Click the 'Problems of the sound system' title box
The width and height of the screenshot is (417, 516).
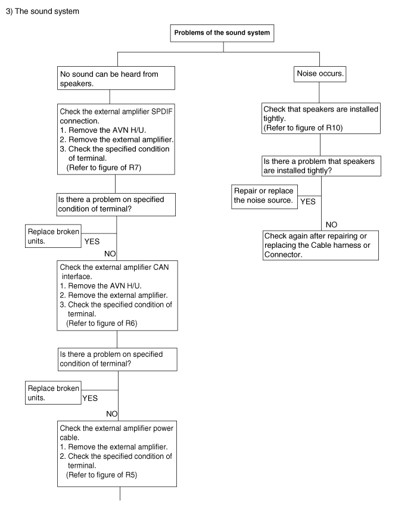(x=222, y=33)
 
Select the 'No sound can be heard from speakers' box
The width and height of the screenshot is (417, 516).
(x=116, y=78)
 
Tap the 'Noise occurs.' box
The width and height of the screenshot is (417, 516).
(x=319, y=74)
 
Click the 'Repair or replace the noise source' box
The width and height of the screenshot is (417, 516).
(x=264, y=197)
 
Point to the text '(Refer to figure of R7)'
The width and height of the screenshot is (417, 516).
(x=104, y=168)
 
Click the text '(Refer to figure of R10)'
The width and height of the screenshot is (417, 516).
(x=303, y=128)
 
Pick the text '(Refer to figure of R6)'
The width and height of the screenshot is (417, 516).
(x=102, y=324)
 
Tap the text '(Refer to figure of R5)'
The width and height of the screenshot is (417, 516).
(x=101, y=475)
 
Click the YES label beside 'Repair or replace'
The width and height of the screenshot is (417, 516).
(x=308, y=202)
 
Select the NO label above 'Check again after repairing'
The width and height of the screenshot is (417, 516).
(x=331, y=225)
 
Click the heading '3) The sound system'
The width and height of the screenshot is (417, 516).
(x=42, y=11)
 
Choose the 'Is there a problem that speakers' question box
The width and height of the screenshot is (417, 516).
(x=321, y=166)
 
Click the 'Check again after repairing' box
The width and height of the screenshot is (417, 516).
(x=320, y=245)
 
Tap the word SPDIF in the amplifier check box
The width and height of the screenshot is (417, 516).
(x=161, y=111)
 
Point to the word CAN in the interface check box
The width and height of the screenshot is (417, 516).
(x=161, y=267)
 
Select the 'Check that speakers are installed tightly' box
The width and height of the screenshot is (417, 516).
(x=321, y=118)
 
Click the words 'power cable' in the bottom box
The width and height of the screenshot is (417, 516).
(x=117, y=433)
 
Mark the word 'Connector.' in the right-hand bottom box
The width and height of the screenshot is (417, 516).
(x=283, y=254)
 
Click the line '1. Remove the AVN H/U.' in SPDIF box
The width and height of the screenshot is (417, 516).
(x=103, y=130)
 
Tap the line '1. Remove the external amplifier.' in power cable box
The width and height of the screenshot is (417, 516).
(x=114, y=447)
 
